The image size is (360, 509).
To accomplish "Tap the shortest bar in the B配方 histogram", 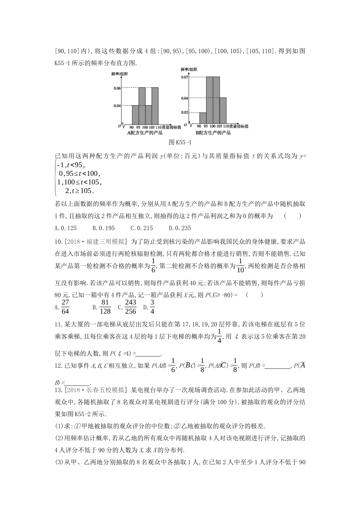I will (x=203, y=118).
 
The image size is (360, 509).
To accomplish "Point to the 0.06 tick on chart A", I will (x=117, y=88).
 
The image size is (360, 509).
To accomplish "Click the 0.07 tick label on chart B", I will (x=185, y=77).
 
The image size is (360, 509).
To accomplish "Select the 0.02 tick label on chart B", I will (x=185, y=112).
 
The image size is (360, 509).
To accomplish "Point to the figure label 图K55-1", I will (x=180, y=142).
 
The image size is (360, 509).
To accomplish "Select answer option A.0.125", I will (x=66, y=228).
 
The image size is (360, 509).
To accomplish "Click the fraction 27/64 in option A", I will (x=65, y=307).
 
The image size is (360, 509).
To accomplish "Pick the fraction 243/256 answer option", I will (x=130, y=307).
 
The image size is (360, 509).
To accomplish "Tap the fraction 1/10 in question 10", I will (x=241, y=266).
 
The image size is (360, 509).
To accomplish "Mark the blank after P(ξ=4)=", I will (x=147, y=354).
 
